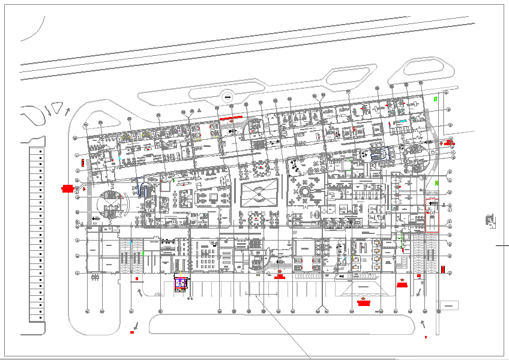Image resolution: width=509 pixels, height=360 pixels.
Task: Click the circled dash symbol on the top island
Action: pos(227,97)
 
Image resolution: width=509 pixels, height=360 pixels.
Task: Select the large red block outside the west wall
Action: pos(67,189)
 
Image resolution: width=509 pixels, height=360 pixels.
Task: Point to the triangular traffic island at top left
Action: pos(58,109)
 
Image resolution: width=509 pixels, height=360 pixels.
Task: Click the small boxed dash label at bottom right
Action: pos(448,307)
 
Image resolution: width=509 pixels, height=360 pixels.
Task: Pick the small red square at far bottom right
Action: pos(426,337)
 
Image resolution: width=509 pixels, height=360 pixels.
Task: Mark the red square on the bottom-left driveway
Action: pos(132,332)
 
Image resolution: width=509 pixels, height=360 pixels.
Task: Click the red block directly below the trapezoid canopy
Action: pos(363,303)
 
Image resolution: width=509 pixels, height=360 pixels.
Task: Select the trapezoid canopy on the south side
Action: pos(363,289)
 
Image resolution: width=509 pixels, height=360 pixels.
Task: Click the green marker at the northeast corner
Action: pos(436,98)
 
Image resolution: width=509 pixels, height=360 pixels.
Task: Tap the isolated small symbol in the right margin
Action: pos(491,221)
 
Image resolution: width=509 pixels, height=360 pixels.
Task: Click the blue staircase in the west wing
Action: pos(143,191)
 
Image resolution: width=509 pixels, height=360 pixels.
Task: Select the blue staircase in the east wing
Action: pos(376,154)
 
